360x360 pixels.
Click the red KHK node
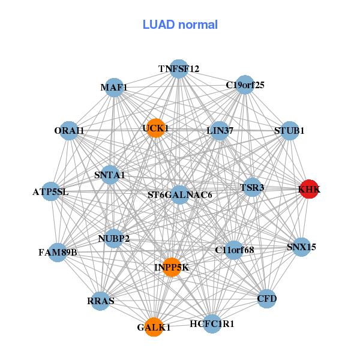(x=309, y=189)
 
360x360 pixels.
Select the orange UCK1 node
(x=155, y=128)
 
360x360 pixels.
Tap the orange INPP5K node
(x=172, y=267)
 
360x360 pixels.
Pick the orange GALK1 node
(x=154, y=327)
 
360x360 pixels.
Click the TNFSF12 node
(x=179, y=68)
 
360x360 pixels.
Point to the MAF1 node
(x=114, y=88)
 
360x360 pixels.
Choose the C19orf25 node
(x=244, y=85)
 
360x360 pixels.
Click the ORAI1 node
(x=70, y=130)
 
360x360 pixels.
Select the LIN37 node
(x=220, y=130)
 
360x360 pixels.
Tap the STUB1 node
(x=290, y=130)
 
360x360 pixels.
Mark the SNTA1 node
(x=110, y=175)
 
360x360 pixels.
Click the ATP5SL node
(x=51, y=192)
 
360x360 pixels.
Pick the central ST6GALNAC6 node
(x=180, y=194)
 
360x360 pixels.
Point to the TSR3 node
(x=252, y=188)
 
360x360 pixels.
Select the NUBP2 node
(x=114, y=239)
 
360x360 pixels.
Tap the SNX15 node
(x=302, y=247)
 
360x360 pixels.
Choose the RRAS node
(x=100, y=301)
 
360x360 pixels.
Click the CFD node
(x=267, y=298)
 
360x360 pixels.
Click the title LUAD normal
(x=180, y=25)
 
